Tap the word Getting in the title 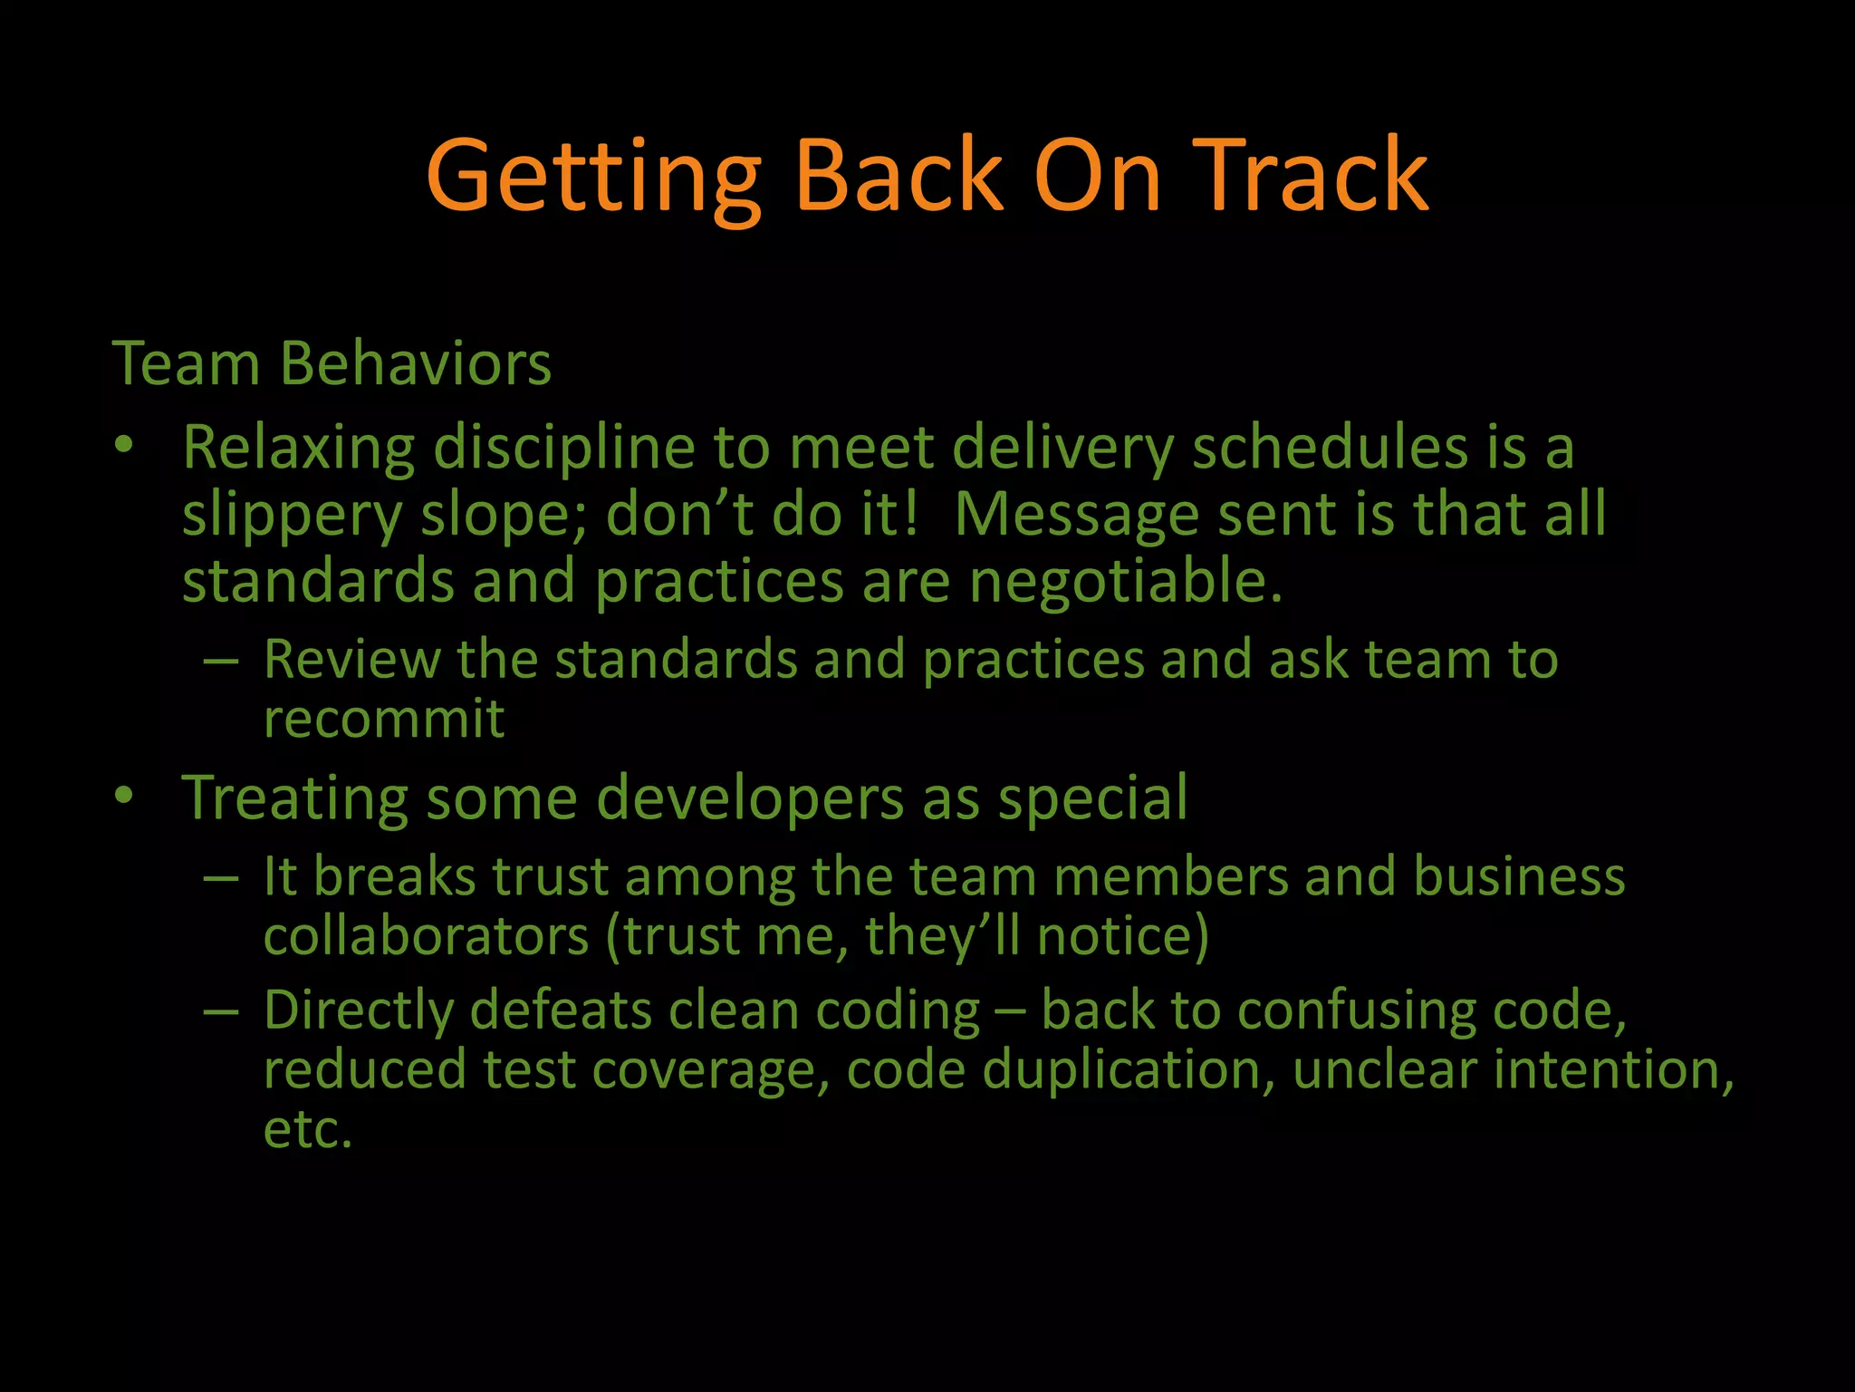click(593, 177)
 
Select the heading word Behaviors click(416, 363)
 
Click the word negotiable click(1126, 581)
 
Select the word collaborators click(426, 936)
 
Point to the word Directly click(358, 1010)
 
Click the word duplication click(1122, 1070)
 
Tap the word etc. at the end click(307, 1130)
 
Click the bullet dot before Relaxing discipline click(124, 445)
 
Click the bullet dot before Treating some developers click(124, 796)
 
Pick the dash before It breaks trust click(222, 878)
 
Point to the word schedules click(1329, 449)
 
